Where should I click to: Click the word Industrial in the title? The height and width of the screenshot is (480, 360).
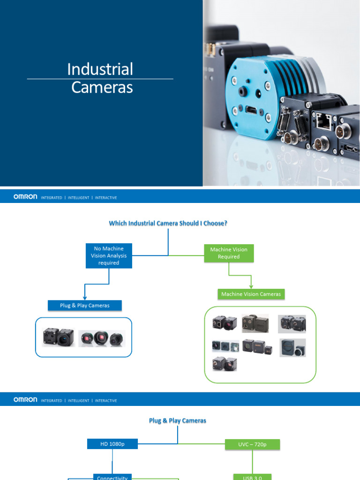tap(100, 69)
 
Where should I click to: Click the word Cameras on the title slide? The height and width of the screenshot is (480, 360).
tap(102, 87)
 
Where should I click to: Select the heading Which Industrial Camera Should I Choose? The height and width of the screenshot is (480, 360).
tap(168, 223)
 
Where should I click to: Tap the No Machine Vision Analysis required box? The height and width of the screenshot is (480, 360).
tap(109, 256)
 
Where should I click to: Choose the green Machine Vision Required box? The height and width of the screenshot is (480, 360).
tap(229, 253)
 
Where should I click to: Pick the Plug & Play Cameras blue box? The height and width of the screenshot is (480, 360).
tap(85, 306)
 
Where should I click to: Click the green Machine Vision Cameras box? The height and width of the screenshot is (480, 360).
tap(251, 294)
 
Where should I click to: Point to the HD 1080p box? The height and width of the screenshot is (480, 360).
tap(112, 444)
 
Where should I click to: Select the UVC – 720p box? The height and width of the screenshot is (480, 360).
tap(252, 444)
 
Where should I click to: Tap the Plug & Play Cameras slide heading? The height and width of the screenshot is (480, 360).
tap(178, 420)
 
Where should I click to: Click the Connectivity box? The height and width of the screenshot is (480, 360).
tap(112, 477)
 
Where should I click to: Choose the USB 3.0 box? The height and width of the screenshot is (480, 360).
tap(252, 477)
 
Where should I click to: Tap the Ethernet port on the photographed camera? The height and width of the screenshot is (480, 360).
tap(323, 121)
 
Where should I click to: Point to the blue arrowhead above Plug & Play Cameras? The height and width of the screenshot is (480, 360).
tap(84, 297)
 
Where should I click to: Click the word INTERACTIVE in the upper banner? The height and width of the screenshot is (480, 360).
tap(106, 198)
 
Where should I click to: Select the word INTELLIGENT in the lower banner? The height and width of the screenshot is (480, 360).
tap(78, 401)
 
